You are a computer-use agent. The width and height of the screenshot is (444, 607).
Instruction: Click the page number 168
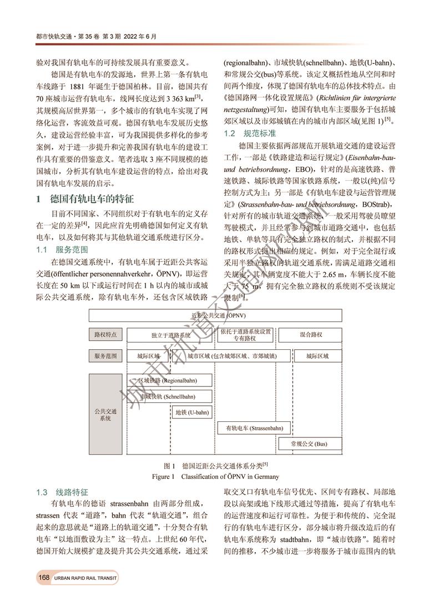44,578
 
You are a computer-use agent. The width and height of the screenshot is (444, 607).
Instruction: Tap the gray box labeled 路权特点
105,335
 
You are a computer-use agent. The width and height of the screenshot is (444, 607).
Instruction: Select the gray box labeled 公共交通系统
105,414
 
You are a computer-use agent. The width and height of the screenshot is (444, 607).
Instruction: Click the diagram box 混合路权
311,335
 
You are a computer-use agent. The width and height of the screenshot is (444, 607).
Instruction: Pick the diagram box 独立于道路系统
170,335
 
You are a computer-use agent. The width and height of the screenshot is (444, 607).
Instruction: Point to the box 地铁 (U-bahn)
192,412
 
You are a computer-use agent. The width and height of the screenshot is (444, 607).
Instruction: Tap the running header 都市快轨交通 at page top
54,37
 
